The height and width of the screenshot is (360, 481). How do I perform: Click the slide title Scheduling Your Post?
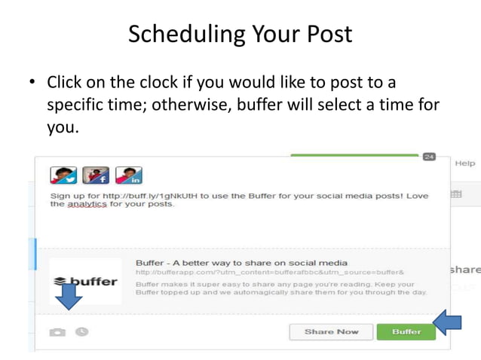[x=240, y=35]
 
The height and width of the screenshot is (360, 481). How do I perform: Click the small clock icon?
[x=81, y=331]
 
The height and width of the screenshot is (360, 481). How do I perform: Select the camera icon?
[x=57, y=332]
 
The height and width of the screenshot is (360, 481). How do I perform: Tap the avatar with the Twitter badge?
[x=63, y=175]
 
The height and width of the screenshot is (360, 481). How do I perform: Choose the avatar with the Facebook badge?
[x=96, y=175]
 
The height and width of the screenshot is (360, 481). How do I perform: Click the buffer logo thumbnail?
[x=84, y=281]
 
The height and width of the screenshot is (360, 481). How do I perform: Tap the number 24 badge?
[x=429, y=157]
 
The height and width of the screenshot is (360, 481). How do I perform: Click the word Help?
[x=464, y=163]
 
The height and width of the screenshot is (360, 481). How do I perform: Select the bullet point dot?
[x=32, y=81]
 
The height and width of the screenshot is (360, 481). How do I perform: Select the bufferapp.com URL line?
[x=270, y=271]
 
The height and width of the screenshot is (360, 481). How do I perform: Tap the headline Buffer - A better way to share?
[x=241, y=262]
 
